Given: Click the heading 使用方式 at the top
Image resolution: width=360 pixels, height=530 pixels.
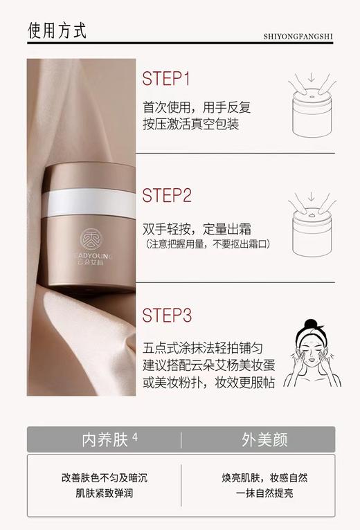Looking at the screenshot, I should [57, 31].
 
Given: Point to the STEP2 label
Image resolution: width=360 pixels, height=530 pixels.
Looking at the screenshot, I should [167, 195].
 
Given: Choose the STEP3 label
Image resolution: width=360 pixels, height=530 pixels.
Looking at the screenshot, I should [167, 316].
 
